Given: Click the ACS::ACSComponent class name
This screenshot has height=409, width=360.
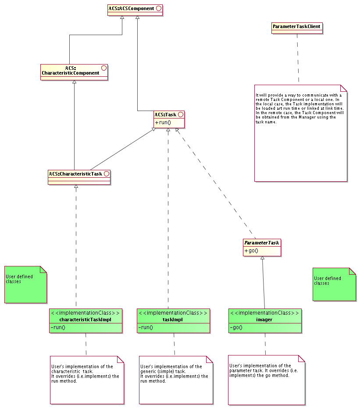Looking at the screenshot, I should pyautogui.click(x=131, y=8).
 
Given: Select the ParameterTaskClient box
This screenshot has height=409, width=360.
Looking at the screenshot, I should pyautogui.click(x=297, y=27).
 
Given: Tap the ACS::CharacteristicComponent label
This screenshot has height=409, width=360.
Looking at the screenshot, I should pyautogui.click(x=71, y=71).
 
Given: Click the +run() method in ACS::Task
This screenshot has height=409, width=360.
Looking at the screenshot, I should pyautogui.click(x=162, y=122).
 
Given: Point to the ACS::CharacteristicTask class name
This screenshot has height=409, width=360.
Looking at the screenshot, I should pyautogui.click(x=75, y=174).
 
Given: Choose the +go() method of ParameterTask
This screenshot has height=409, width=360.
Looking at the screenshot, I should pyautogui.click(x=251, y=251).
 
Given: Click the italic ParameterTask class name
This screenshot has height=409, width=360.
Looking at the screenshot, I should pyautogui.click(x=261, y=243).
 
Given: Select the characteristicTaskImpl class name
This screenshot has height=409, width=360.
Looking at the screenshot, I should pyautogui.click(x=85, y=319).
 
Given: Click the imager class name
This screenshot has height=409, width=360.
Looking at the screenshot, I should pyautogui.click(x=264, y=319).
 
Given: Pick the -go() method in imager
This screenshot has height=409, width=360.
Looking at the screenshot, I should pyautogui.click(x=236, y=328).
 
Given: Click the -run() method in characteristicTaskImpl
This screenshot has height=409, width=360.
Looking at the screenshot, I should pyautogui.click(x=58, y=328).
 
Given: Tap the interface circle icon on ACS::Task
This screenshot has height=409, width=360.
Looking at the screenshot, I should pyautogui.click(x=181, y=115).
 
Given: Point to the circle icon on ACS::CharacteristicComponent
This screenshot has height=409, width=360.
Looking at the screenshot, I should pyautogui.click(x=104, y=68).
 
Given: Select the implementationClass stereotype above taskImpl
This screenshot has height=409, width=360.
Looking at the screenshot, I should pyautogui.click(x=174, y=313).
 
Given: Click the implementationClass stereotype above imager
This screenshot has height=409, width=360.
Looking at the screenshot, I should pyautogui.click(x=265, y=313).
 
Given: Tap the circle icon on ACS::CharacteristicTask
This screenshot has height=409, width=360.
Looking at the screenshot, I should pyautogui.click(x=106, y=174).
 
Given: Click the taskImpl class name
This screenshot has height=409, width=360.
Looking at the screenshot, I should pyautogui.click(x=173, y=319).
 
